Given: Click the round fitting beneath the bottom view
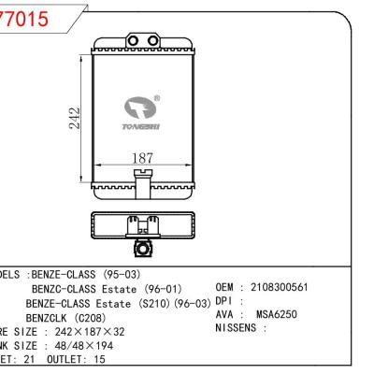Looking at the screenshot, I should [141, 249].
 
